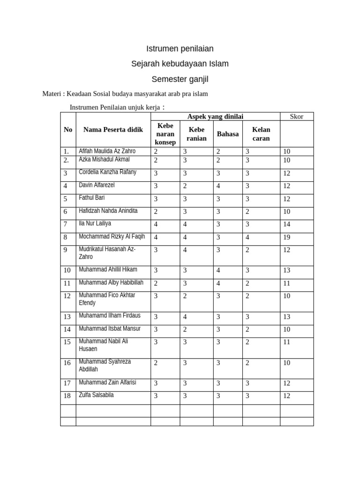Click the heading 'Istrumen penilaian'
click(x=180, y=48)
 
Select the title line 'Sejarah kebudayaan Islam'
click(x=180, y=64)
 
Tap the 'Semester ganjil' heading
click(x=180, y=79)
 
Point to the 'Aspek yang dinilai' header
click(x=215, y=116)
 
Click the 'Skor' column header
click(x=296, y=116)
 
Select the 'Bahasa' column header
click(x=227, y=134)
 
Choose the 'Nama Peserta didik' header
click(x=113, y=129)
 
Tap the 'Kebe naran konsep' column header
click(x=165, y=134)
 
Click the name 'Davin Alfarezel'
click(x=97, y=185)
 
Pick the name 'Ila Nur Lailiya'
click(x=95, y=224)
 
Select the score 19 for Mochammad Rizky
click(x=287, y=237)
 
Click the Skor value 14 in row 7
click(x=287, y=225)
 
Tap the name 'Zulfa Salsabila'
click(x=96, y=395)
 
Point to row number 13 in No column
click(x=67, y=317)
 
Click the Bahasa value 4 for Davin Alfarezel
click(x=218, y=186)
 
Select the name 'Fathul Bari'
click(x=92, y=198)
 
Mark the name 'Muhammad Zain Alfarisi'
click(x=107, y=382)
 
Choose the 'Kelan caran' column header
click(x=261, y=134)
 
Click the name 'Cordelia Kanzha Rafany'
click(x=107, y=172)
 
